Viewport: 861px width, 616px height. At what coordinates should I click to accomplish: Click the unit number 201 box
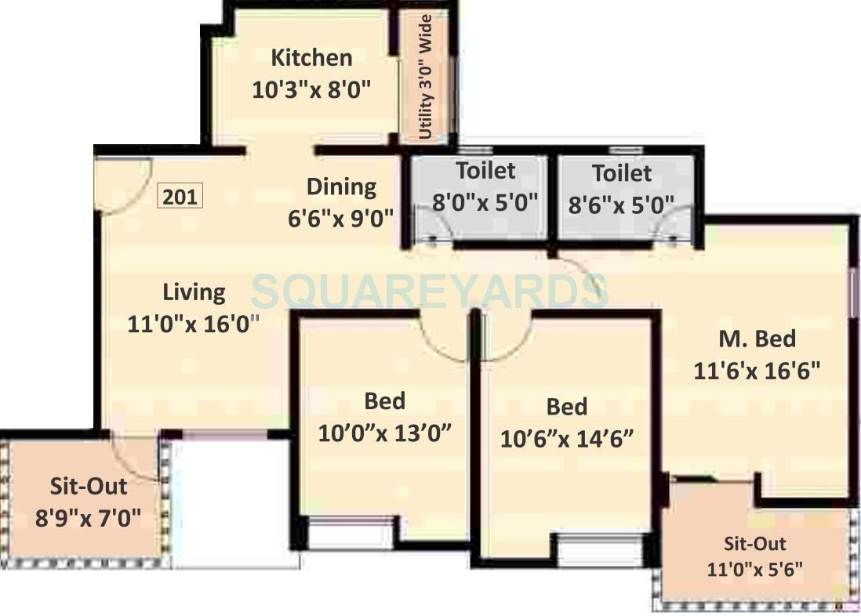(x=181, y=195)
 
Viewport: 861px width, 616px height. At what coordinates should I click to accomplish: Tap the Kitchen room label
(x=311, y=58)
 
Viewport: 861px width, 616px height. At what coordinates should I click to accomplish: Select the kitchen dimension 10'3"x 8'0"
(x=311, y=89)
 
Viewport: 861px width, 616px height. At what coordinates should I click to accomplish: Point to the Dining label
(x=341, y=187)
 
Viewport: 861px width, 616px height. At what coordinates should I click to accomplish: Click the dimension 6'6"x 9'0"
(x=340, y=217)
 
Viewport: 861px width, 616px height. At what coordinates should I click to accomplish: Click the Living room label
(x=194, y=292)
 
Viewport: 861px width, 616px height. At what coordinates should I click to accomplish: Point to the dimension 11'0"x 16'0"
(x=194, y=323)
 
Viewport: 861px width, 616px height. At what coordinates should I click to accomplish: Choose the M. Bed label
(x=757, y=339)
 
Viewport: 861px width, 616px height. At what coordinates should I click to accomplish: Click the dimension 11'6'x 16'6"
(x=757, y=370)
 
